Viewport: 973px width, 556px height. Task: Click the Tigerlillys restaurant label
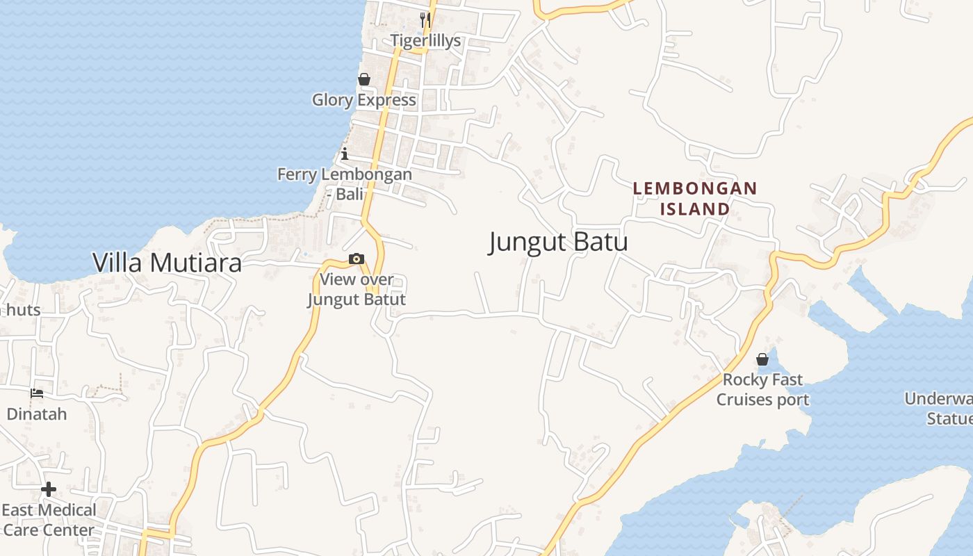[x=425, y=40]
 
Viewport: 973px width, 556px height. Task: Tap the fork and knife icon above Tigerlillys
[x=425, y=19]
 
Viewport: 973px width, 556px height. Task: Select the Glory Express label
[x=363, y=99]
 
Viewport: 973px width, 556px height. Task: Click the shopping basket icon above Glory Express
[x=363, y=80]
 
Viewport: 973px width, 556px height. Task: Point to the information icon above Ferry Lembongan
[x=345, y=154]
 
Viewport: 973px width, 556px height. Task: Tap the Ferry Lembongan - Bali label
[x=345, y=183]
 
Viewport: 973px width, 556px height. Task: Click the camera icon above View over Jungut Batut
[x=356, y=259]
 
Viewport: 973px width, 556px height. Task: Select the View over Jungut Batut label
[x=356, y=289]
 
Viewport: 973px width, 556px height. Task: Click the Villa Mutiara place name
[x=167, y=262]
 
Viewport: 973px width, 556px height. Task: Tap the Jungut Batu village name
[x=558, y=242]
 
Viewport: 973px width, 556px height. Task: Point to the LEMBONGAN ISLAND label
[x=694, y=198]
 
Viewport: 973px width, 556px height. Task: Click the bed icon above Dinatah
[x=37, y=393]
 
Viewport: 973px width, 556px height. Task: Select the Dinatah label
[x=37, y=414]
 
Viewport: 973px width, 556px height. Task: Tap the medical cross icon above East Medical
[x=48, y=489]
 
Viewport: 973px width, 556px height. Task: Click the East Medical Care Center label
[x=49, y=520]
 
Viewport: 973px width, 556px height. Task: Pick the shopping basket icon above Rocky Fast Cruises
[x=762, y=359]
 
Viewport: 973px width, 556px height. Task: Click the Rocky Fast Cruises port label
[x=762, y=389]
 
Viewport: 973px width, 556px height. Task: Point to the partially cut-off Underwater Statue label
[x=940, y=409]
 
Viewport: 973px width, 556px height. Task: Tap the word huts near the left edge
[x=24, y=309]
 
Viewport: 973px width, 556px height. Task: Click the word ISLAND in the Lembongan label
[x=694, y=208]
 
